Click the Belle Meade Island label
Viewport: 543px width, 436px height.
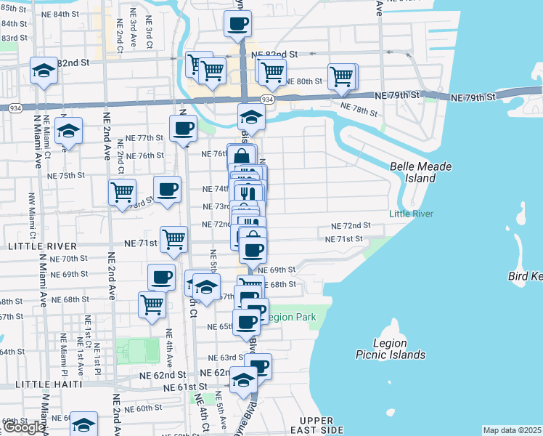click(x=421, y=172)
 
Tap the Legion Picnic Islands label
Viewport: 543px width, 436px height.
click(x=390, y=349)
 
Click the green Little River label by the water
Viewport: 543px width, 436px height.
click(x=411, y=214)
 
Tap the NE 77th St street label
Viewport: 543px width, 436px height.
click(x=144, y=137)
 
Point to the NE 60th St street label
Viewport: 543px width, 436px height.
click(x=142, y=408)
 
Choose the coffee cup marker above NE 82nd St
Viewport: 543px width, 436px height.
click(x=237, y=24)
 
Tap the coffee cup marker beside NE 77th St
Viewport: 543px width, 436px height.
click(x=183, y=129)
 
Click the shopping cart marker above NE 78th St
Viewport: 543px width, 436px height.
click(x=341, y=76)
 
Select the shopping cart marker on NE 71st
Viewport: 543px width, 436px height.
click(x=173, y=238)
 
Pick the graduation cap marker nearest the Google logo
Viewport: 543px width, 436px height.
click(x=83, y=424)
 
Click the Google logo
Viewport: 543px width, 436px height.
click(x=23, y=427)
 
